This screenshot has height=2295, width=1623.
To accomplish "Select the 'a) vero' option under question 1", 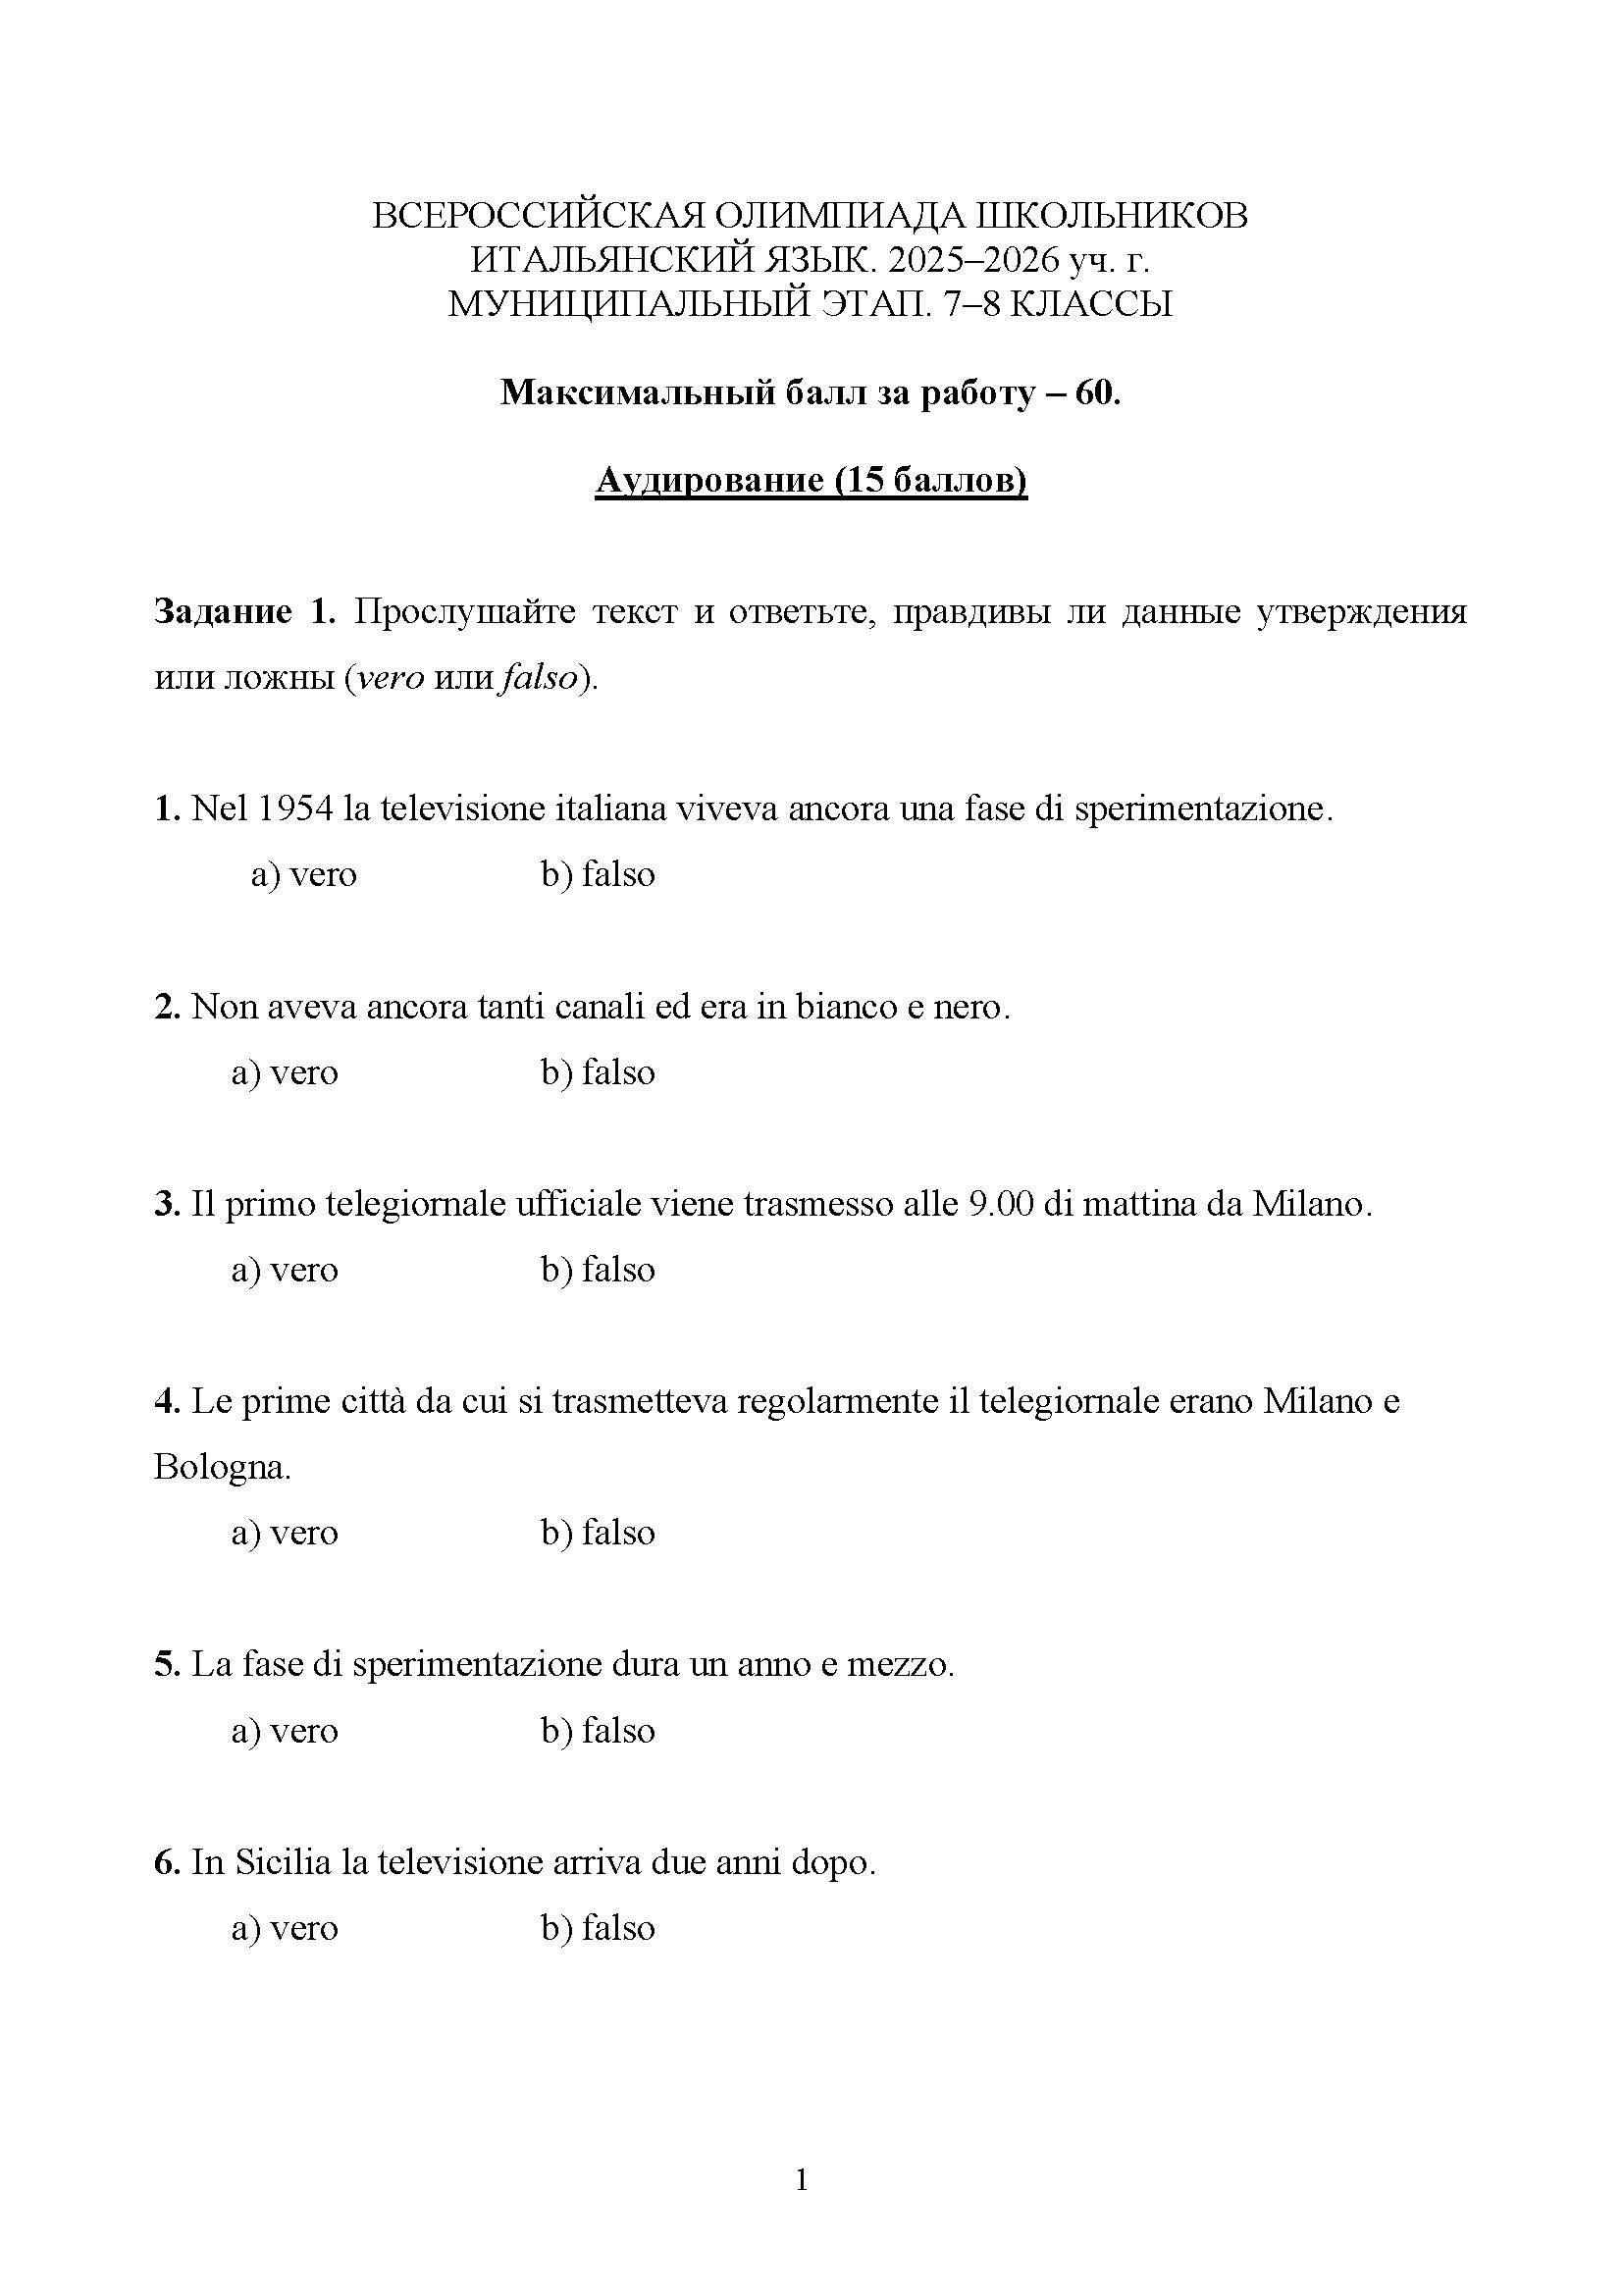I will coord(304,874).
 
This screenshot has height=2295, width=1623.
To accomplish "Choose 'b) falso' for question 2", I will coord(598,1072).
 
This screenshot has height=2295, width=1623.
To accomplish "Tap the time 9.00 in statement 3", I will coord(1002,1204).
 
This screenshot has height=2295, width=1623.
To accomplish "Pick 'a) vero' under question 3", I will coord(285,1270).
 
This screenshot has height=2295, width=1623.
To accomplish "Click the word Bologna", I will coord(222,1467).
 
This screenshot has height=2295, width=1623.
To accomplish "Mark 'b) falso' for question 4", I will coord(598,1533).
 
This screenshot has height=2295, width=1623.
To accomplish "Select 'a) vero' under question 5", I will coord(285,1730).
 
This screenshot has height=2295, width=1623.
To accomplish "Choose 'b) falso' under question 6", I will coord(598,1928).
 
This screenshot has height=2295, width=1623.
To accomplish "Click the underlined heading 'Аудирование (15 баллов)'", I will coord(811,481).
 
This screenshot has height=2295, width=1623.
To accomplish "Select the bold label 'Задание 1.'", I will coord(246,610).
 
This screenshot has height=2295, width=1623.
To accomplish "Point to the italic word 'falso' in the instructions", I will coord(541,678).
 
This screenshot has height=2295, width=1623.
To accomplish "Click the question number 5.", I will coord(165,1664).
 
